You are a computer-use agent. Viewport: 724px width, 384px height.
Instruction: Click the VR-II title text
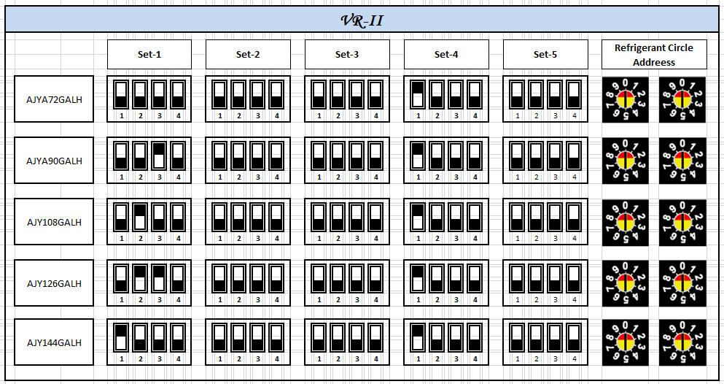point(362,20)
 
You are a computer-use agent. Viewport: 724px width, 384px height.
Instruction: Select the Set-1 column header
point(149,54)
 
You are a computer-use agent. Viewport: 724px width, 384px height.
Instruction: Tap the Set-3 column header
point(347,54)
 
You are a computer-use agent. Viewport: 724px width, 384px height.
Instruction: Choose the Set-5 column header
point(545,54)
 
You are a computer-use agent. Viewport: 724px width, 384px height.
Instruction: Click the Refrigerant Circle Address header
point(654,55)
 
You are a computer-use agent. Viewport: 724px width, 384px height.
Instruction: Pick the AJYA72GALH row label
point(55,99)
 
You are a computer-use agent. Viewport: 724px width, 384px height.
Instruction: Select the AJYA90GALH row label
point(55,161)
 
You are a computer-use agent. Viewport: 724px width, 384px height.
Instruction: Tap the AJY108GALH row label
point(55,222)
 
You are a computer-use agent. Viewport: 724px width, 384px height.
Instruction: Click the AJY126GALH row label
point(55,283)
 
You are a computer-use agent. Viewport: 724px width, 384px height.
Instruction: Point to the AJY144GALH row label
point(55,342)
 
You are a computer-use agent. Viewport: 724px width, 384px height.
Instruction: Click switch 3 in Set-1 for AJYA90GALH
point(159,155)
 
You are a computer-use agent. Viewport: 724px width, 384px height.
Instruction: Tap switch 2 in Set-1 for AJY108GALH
point(140,217)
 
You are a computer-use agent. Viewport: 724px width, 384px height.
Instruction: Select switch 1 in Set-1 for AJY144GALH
point(121,338)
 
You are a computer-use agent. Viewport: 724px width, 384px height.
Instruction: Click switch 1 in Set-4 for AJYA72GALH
point(418,95)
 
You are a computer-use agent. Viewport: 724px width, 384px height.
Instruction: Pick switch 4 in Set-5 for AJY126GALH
point(574,278)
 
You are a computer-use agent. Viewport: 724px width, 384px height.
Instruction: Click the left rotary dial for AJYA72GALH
point(625,99)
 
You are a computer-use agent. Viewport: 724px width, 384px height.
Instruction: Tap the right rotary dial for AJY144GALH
point(682,342)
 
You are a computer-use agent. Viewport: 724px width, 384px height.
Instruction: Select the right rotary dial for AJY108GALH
point(682,222)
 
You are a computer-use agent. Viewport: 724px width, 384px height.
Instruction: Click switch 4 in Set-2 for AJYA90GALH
point(276,155)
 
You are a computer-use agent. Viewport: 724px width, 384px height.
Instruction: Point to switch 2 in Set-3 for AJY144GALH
point(338,338)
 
